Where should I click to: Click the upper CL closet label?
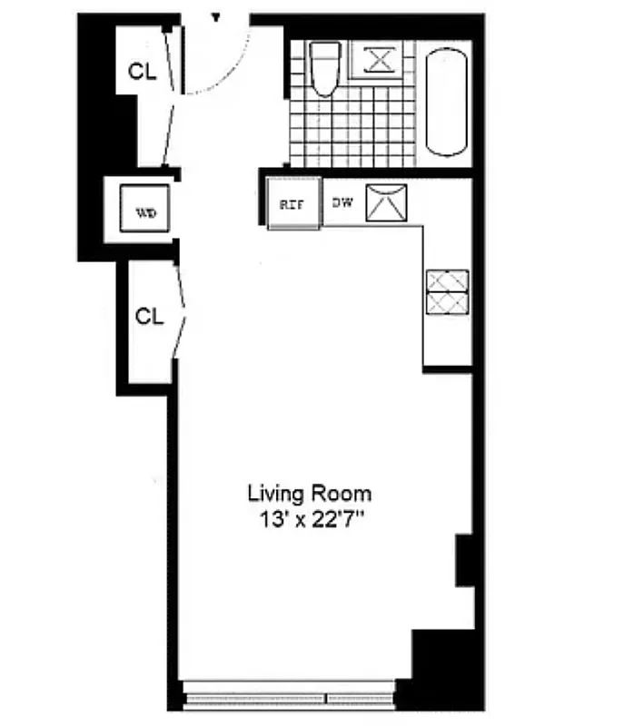143,73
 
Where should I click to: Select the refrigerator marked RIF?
292,203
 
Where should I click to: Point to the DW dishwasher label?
342,202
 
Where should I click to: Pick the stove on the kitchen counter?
448,292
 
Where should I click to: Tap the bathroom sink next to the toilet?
380,60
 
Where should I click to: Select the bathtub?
447,102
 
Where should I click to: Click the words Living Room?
310,494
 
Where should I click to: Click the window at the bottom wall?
289,698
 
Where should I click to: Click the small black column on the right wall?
464,560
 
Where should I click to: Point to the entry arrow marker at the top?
216,17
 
